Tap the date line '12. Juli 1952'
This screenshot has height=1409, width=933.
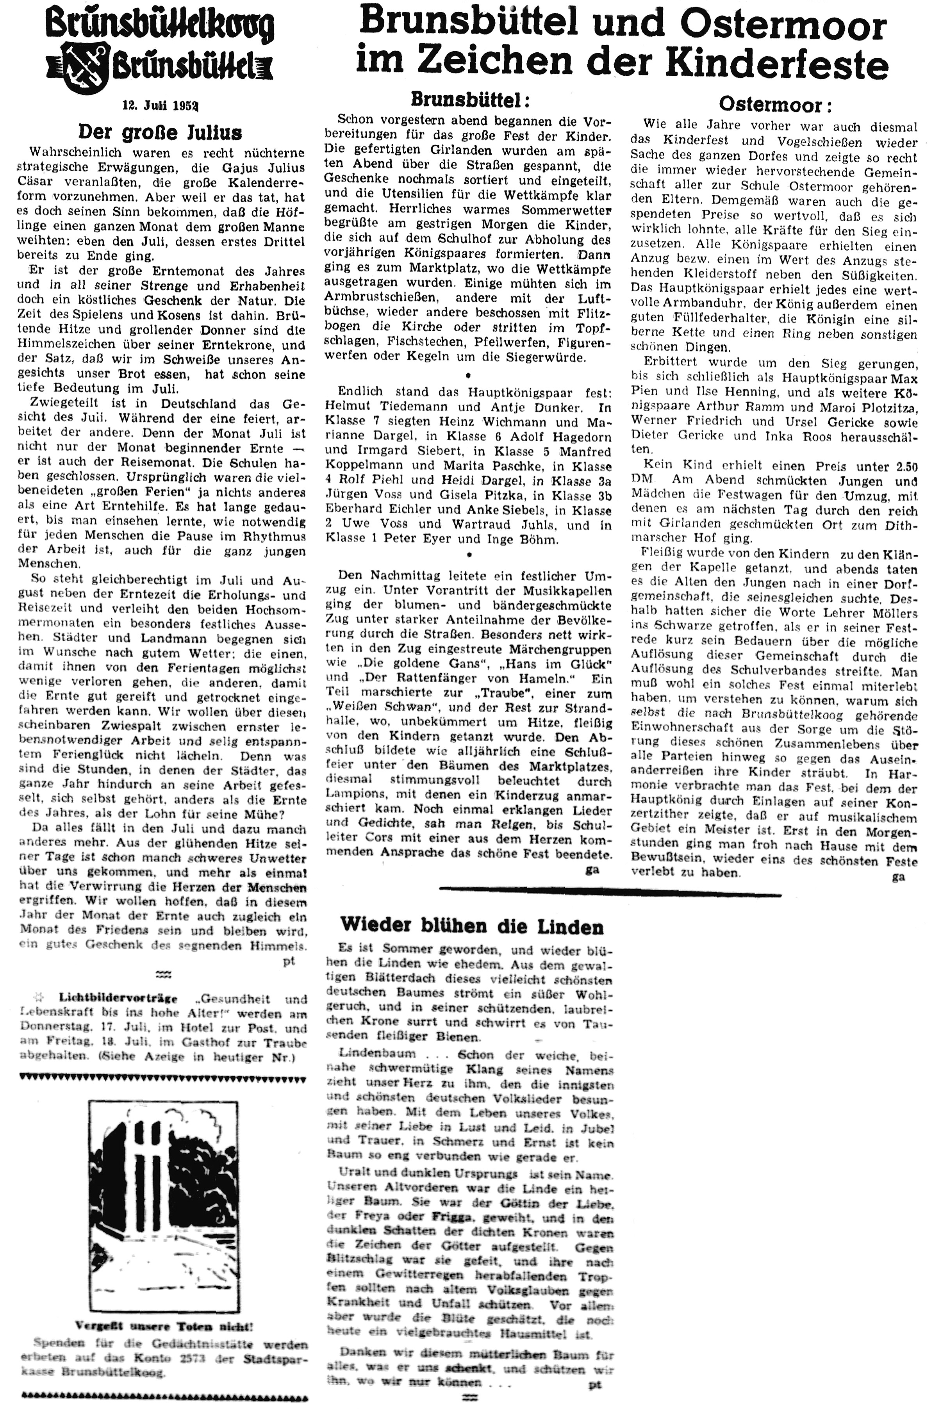click(161, 106)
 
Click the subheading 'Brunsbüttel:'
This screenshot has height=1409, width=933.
click(470, 99)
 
